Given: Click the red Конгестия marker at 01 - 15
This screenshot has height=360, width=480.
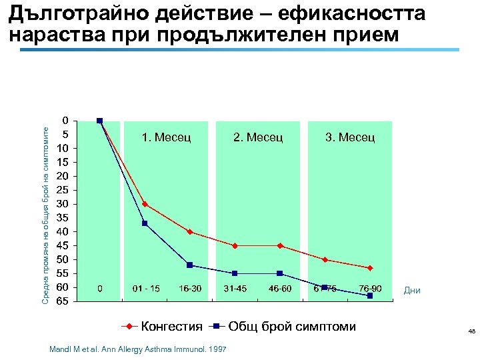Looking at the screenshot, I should point(145,204).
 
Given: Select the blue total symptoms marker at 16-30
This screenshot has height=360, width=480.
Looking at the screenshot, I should point(190,265).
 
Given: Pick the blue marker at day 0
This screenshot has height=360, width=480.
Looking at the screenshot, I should point(99,121).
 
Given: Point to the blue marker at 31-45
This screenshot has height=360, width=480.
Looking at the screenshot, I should point(235,273).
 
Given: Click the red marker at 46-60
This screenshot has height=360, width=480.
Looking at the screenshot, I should point(280,246).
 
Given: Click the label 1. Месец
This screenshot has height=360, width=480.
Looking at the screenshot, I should point(167,137).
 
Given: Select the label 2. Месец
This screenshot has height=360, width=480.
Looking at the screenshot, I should point(258,137).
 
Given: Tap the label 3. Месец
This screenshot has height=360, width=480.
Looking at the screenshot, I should point(350,137).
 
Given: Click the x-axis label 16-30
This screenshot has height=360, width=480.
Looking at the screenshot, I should point(190,289).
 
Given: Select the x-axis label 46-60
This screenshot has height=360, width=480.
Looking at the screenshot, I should point(280,289).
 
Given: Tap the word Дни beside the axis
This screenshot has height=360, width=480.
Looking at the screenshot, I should point(412,291).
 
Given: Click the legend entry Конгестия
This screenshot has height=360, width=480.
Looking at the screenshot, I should point(171,326).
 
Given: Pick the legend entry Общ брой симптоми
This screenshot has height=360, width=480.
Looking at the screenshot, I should point(292,326).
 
